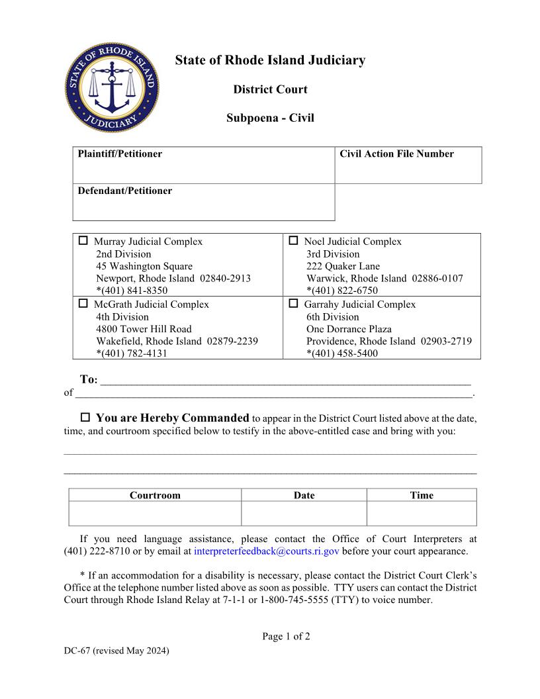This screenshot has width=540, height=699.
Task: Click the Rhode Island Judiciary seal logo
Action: pos(112,89)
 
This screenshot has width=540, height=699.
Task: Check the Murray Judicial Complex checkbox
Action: pos(83,241)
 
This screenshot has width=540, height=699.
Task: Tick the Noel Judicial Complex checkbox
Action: pos(293,241)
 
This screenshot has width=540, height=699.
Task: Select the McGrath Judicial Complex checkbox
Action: pos(83,304)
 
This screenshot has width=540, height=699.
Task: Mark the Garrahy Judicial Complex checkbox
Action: pos(293,304)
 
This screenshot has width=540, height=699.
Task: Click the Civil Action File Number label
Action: pos(396,154)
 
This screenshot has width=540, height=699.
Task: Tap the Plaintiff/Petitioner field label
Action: pos(120,154)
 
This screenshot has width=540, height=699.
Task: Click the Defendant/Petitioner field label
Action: pos(124,191)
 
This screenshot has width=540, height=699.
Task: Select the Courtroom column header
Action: pos(155,495)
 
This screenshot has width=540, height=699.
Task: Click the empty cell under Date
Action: pos(304,514)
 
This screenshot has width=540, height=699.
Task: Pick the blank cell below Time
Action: pos(422,514)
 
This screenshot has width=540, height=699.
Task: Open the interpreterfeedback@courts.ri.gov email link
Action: pos(267,551)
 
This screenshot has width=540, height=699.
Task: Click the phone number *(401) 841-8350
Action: pos(132,291)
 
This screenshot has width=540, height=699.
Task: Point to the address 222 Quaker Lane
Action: pos(343,266)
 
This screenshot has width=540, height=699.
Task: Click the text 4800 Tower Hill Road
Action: pos(144,329)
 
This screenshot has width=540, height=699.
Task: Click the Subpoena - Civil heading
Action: pos(270,118)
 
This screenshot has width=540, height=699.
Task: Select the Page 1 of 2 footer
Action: pos(286,637)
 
